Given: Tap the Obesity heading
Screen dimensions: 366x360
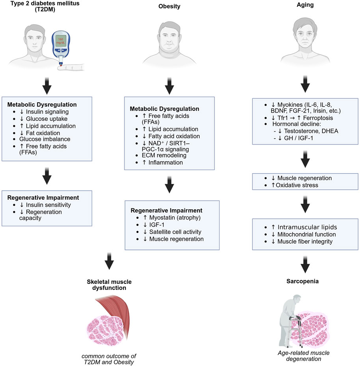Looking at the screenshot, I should coord(169,7).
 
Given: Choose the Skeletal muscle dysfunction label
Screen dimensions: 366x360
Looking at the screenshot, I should coord(110,284).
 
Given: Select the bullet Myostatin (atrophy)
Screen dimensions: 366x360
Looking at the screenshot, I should coord(173,217).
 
